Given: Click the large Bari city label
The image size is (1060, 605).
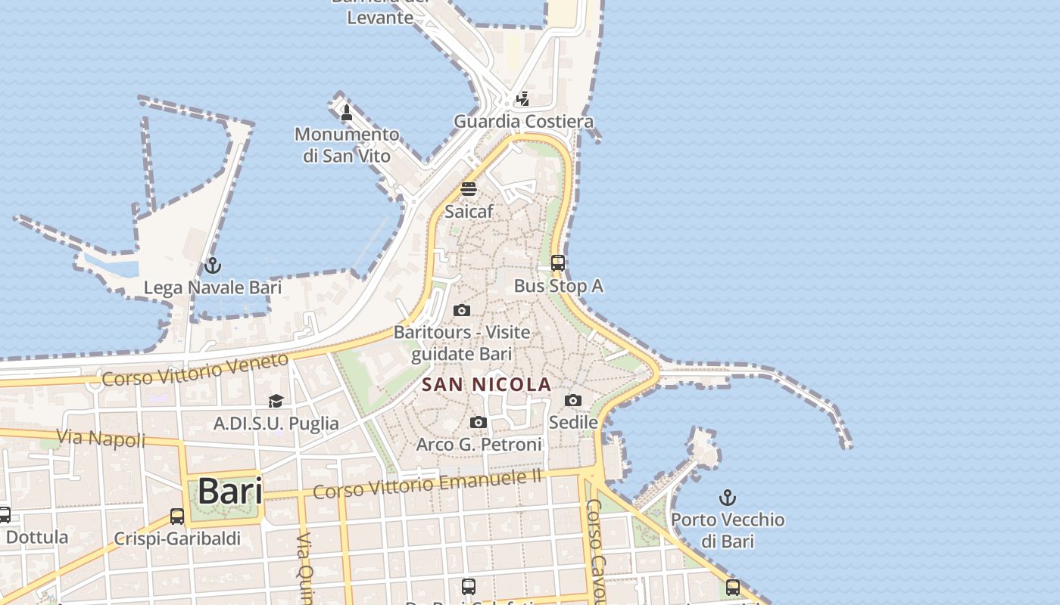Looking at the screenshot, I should point(230,492).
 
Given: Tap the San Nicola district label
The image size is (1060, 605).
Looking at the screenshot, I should point(486,384).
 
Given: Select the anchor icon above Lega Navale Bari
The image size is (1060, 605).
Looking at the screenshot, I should point(213,265).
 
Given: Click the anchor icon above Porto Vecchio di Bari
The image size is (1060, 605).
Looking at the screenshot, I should point(727,498).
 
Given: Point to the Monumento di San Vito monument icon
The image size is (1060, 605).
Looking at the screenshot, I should point(347,113).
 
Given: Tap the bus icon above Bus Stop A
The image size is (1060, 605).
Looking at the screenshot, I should point(558,263).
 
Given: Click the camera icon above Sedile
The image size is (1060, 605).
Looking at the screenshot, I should point(573,400).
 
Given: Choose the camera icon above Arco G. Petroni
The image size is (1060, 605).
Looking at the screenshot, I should point(479,422).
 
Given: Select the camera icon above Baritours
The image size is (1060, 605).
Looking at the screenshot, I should point(462,310).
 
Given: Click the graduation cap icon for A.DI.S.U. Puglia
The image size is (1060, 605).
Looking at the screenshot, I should point(276,401).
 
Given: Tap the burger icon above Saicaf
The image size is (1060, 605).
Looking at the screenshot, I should point(469,189).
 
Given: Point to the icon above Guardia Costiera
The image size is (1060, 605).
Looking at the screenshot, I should point(522,99).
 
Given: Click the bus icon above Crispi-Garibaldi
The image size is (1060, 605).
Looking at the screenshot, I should point(177,517).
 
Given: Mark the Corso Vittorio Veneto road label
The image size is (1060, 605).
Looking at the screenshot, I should point(195,370).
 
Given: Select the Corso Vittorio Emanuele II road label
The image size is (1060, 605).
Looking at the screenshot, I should point(428,483).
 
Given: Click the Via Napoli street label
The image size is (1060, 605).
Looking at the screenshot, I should point(101,438).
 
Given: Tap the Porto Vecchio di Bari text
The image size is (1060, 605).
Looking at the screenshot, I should point(728,529).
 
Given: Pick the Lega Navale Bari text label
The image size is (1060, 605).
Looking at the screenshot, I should point(213,287).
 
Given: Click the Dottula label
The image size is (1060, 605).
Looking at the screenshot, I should point(36,538).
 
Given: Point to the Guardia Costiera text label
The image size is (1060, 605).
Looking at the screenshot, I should point(523,122).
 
